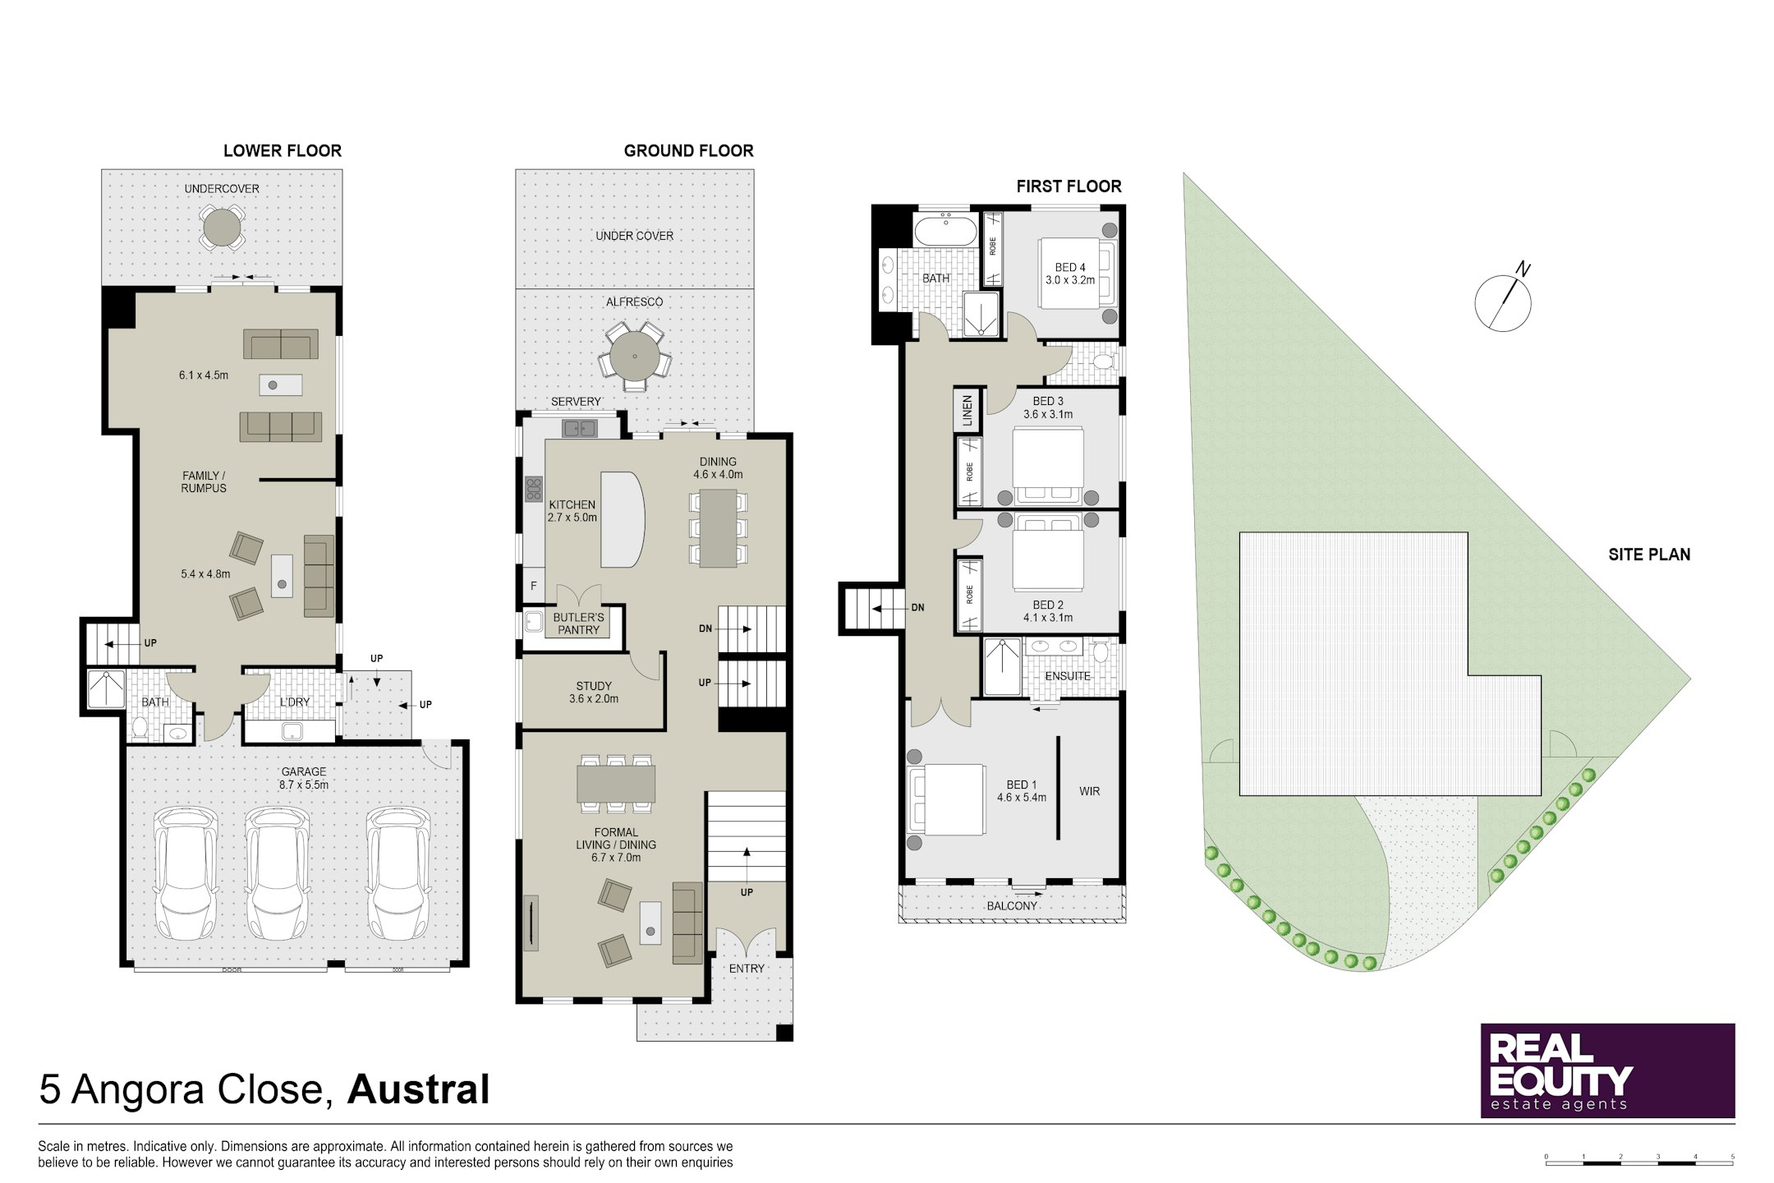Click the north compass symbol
pyautogui.click(x=1503, y=302)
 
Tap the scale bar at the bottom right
pyautogui.click(x=1639, y=1161)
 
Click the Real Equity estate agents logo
pyautogui.click(x=1607, y=1070)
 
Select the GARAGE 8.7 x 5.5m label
pyautogui.click(x=304, y=778)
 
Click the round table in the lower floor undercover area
pyautogui.click(x=222, y=228)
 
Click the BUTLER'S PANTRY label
pyautogui.click(x=578, y=624)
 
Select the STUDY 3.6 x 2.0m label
pyautogui.click(x=593, y=692)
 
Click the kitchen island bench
pyautogui.click(x=622, y=518)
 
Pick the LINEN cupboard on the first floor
pyautogui.click(x=967, y=412)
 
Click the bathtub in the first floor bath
pyautogui.click(x=945, y=231)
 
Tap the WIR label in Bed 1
pyautogui.click(x=1090, y=791)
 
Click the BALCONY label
pyautogui.click(x=1012, y=905)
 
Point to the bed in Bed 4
pyautogui.click(x=1072, y=273)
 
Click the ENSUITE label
pyautogui.click(x=1068, y=676)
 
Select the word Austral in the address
pyautogui.click(x=418, y=1089)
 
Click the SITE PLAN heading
pyautogui.click(x=1649, y=555)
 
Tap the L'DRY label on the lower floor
pyautogui.click(x=295, y=702)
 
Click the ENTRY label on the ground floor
pyautogui.click(x=747, y=969)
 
